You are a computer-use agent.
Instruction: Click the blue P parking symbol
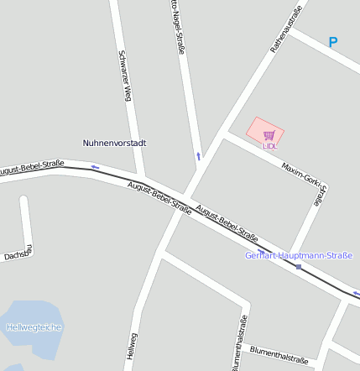point(333,42)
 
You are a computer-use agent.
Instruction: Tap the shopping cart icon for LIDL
point(269,134)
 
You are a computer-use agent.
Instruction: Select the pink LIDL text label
point(269,146)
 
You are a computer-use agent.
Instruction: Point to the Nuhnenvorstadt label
point(115,143)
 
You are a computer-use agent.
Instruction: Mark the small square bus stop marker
point(298,267)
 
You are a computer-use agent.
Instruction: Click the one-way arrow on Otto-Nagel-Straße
point(199,155)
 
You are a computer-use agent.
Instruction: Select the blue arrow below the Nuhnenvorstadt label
point(95,167)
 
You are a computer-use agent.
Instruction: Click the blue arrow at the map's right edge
point(356,294)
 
